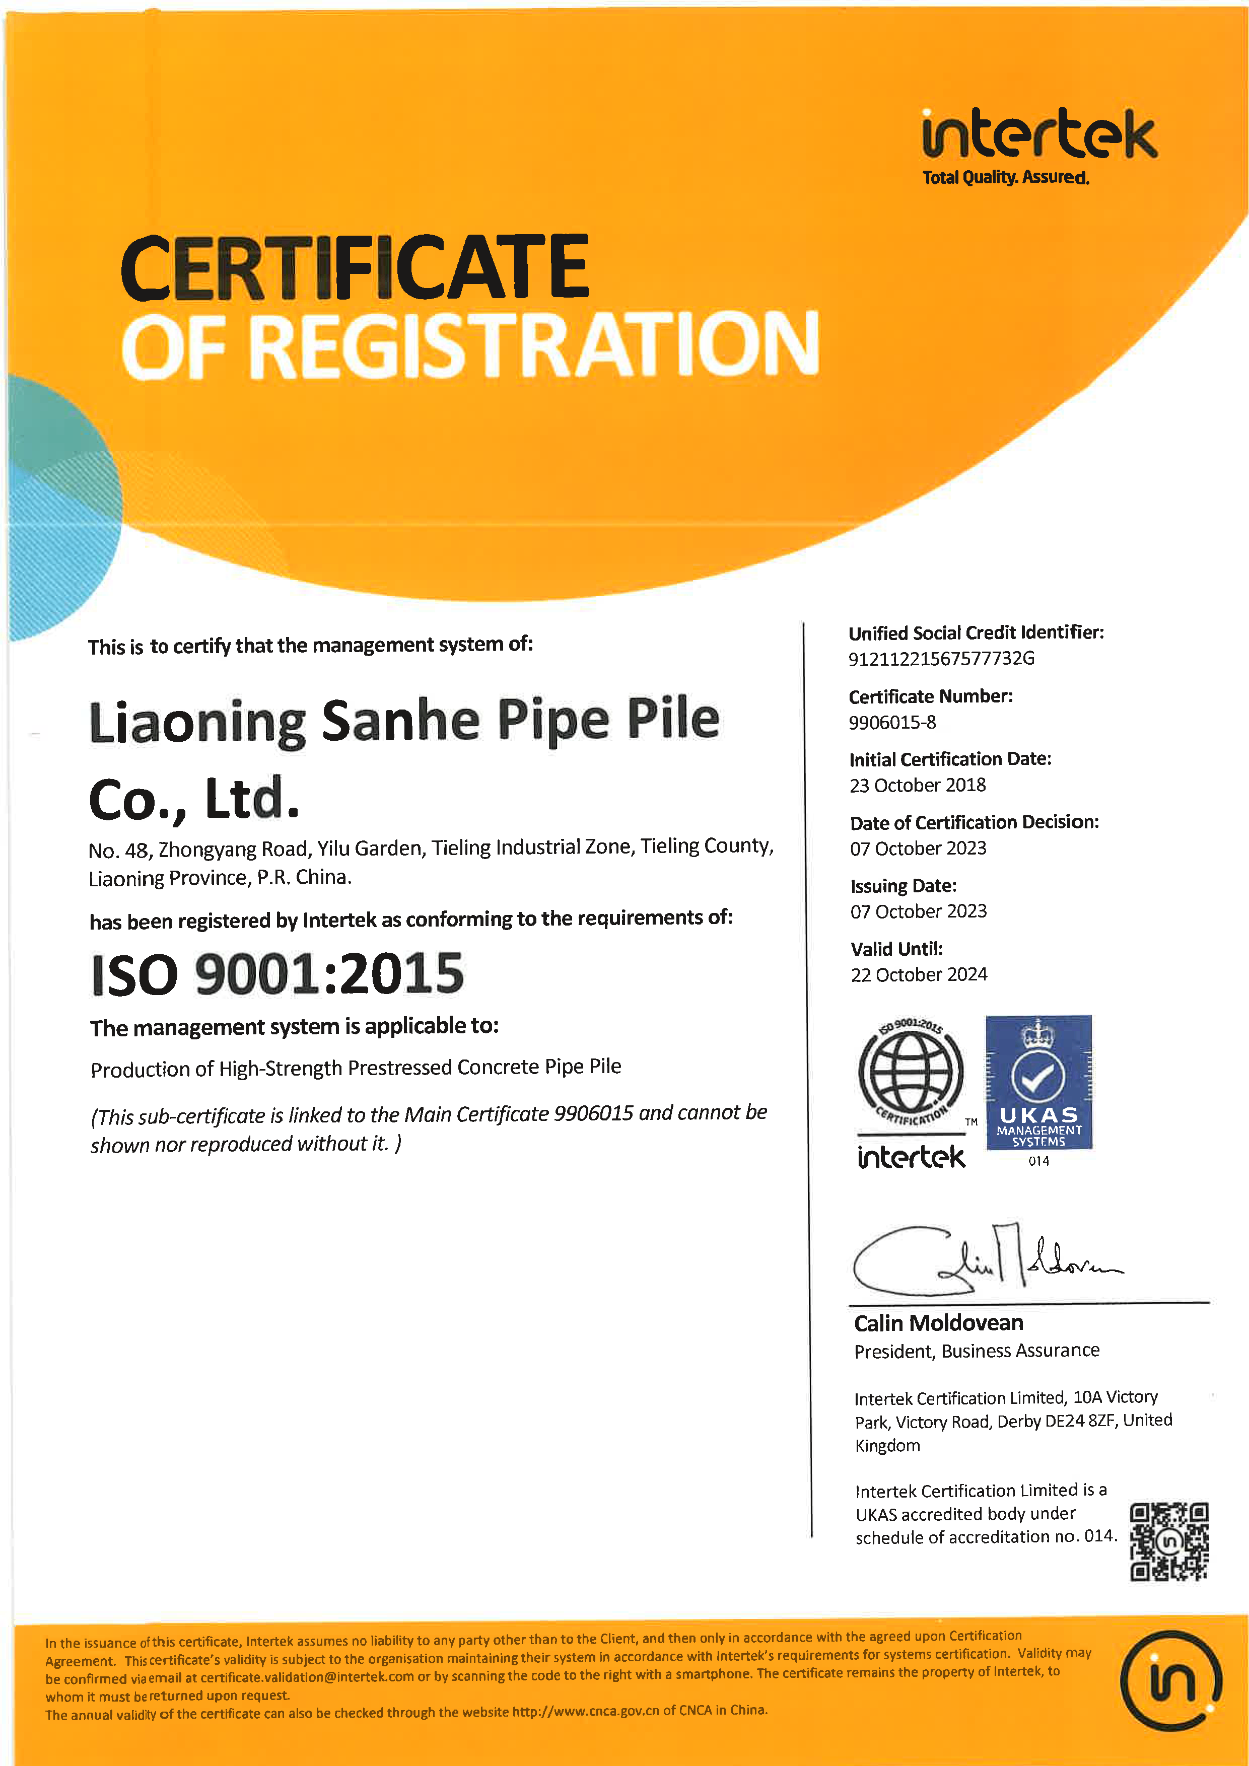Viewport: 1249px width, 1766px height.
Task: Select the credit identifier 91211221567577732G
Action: [x=941, y=658]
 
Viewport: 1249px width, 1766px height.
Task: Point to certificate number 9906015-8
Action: [x=892, y=722]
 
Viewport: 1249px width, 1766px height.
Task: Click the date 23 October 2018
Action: [x=918, y=786]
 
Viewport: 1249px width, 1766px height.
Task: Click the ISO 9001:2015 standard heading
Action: [x=277, y=974]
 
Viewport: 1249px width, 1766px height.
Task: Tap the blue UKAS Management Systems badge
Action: [x=1038, y=1082]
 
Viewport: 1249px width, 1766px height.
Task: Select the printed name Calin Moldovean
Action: [x=938, y=1323]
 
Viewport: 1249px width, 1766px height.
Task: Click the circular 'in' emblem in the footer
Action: [x=1170, y=1680]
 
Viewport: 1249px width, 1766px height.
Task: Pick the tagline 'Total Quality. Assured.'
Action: [x=1005, y=178]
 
